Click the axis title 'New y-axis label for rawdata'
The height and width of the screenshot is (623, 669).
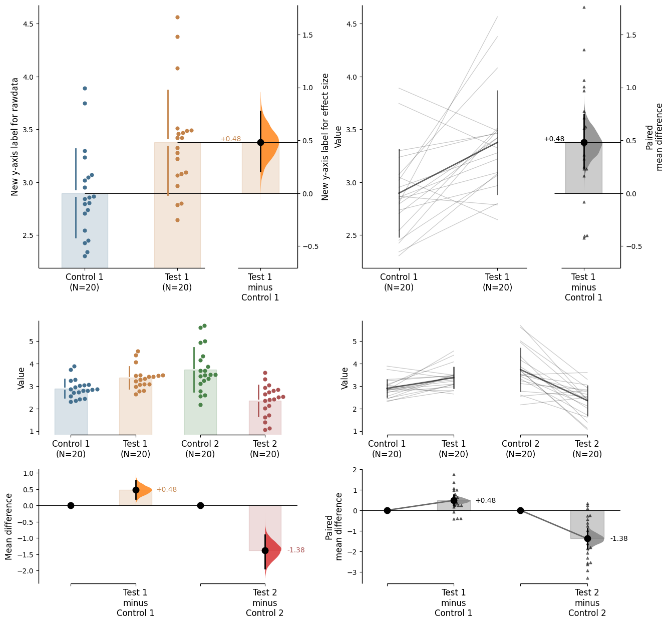click(x=15, y=137)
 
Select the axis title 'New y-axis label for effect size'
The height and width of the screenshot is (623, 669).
click(x=325, y=137)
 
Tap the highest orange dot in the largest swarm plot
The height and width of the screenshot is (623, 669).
click(x=177, y=17)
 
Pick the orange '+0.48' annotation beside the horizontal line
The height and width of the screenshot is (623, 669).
click(x=230, y=139)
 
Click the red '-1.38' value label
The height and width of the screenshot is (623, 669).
click(x=296, y=550)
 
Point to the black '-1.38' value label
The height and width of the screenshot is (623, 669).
click(x=619, y=539)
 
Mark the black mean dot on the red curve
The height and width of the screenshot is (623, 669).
click(x=265, y=550)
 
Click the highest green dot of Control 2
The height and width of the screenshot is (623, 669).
click(x=204, y=326)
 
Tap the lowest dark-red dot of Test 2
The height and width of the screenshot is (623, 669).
click(x=265, y=430)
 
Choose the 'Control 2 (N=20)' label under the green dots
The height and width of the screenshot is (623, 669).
click(x=200, y=449)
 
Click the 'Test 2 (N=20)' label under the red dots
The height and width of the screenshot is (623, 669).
click(x=265, y=449)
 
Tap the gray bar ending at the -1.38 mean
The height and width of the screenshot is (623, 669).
click(x=587, y=524)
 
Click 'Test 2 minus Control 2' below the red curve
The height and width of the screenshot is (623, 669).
click(x=265, y=602)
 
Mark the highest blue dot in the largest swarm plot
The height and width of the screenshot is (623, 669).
click(x=85, y=88)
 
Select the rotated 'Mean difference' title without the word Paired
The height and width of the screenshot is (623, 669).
click(x=9, y=526)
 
